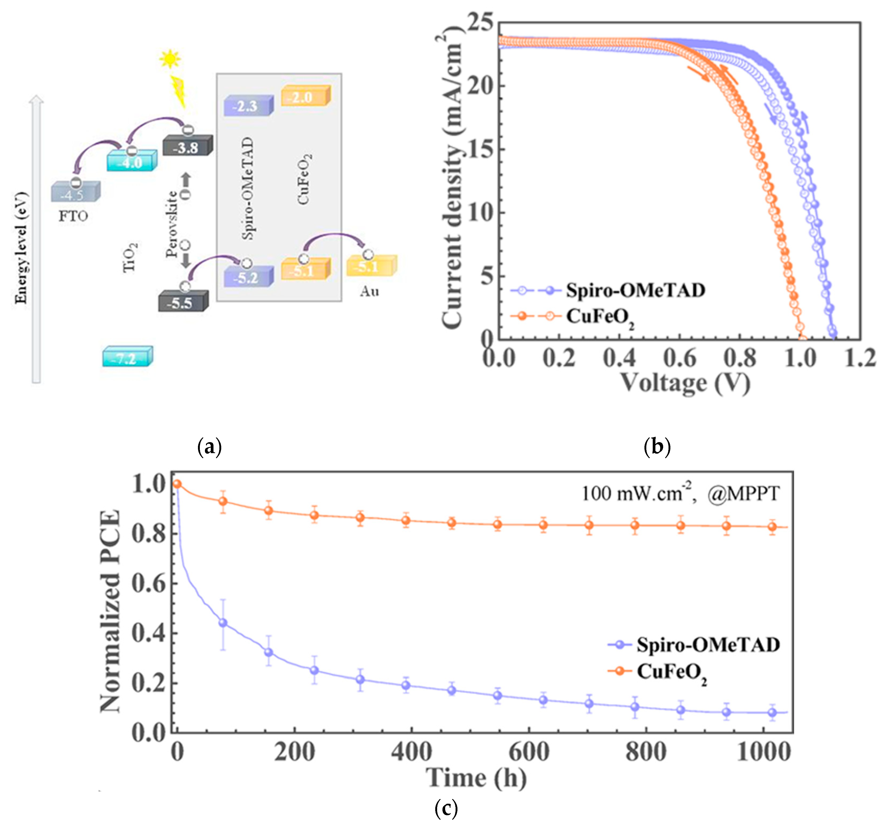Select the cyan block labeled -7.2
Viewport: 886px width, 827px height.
[127, 357]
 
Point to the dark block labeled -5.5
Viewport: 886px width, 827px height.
[182, 302]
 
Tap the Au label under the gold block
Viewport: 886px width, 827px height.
[369, 291]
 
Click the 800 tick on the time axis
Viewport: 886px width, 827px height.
[646, 752]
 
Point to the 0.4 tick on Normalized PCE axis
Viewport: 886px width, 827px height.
[149, 633]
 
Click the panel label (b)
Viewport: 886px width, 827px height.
[657, 446]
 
